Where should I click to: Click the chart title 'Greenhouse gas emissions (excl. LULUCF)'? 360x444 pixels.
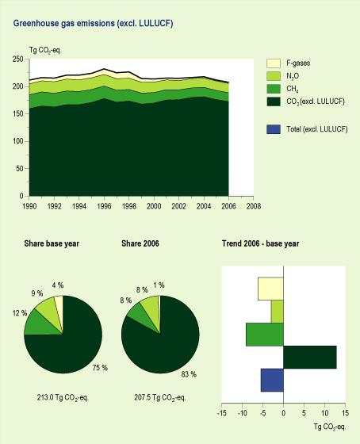(94, 25)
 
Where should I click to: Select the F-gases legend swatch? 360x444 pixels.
(271, 63)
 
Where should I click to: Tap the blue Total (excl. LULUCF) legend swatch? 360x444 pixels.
(271, 128)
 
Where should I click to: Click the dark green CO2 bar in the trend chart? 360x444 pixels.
(310, 358)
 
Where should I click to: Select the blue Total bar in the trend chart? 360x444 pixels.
(272, 381)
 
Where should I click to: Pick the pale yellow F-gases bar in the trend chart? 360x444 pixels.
(270, 289)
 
